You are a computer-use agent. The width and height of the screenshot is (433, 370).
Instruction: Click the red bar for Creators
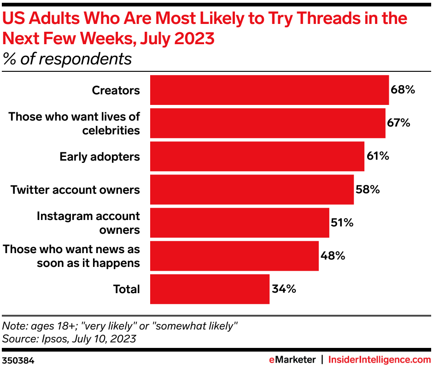coord(269,90)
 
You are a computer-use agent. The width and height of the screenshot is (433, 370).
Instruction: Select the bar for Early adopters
coord(257,156)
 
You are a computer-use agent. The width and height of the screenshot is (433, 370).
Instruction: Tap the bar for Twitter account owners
coord(252,190)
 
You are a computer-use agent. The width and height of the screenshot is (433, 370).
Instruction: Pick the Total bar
coord(210,289)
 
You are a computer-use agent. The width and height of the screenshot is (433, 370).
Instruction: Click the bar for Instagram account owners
coord(240,223)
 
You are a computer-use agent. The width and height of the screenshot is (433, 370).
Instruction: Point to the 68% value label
coord(403,90)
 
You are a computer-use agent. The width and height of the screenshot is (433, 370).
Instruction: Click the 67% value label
coord(398,123)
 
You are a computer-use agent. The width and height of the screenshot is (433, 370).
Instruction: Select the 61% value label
coord(378,156)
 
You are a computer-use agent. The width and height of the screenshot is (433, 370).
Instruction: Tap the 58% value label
coord(368,190)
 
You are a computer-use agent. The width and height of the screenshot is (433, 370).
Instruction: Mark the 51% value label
coord(342,223)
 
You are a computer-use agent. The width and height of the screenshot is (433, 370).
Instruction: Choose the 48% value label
coord(333,256)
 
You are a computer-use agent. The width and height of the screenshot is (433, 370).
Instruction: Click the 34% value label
coord(283,289)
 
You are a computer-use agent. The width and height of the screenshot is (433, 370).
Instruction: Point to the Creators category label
coord(116,90)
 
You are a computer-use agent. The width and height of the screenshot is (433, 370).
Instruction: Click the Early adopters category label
coord(99,156)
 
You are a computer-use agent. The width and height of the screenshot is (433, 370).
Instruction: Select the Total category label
coord(127,289)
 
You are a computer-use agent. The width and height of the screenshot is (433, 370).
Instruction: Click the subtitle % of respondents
coord(67,59)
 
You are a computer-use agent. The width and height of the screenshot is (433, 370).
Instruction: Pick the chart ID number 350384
coord(18,359)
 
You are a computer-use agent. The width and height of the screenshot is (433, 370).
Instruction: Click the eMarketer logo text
coord(293,359)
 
